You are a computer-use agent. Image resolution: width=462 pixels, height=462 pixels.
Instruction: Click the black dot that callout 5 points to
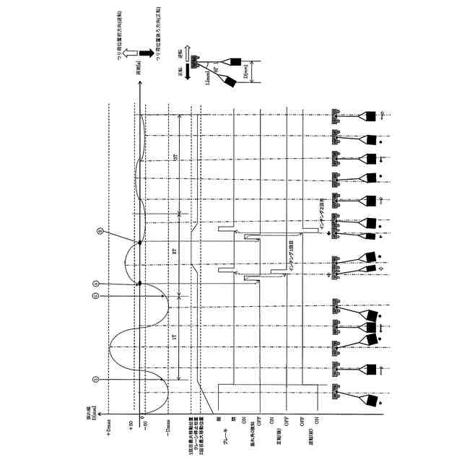tap(139, 242)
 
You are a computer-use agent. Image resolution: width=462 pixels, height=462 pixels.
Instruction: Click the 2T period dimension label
tap(175, 252)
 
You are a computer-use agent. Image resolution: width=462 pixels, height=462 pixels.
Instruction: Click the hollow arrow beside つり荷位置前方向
tap(123, 55)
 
